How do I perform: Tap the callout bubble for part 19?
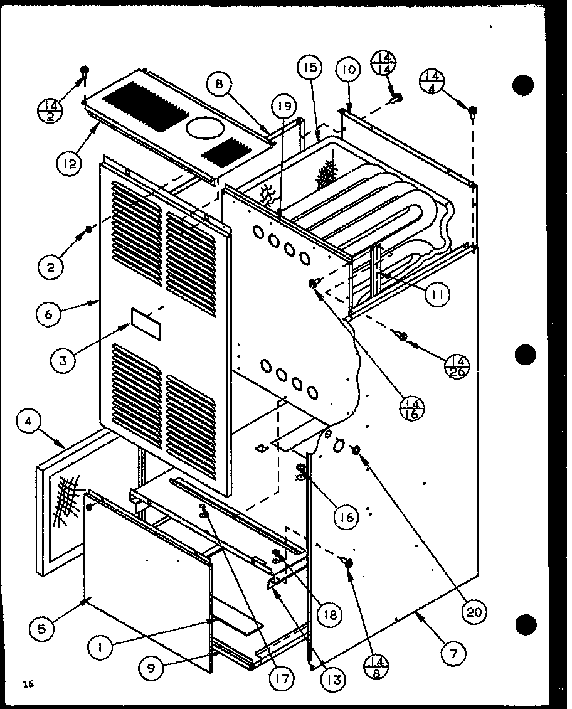click(x=283, y=107)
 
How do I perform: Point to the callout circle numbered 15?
click(x=312, y=68)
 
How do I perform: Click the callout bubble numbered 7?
click(x=453, y=654)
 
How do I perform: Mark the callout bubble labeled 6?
click(x=49, y=314)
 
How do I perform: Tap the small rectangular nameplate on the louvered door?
click(x=144, y=317)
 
